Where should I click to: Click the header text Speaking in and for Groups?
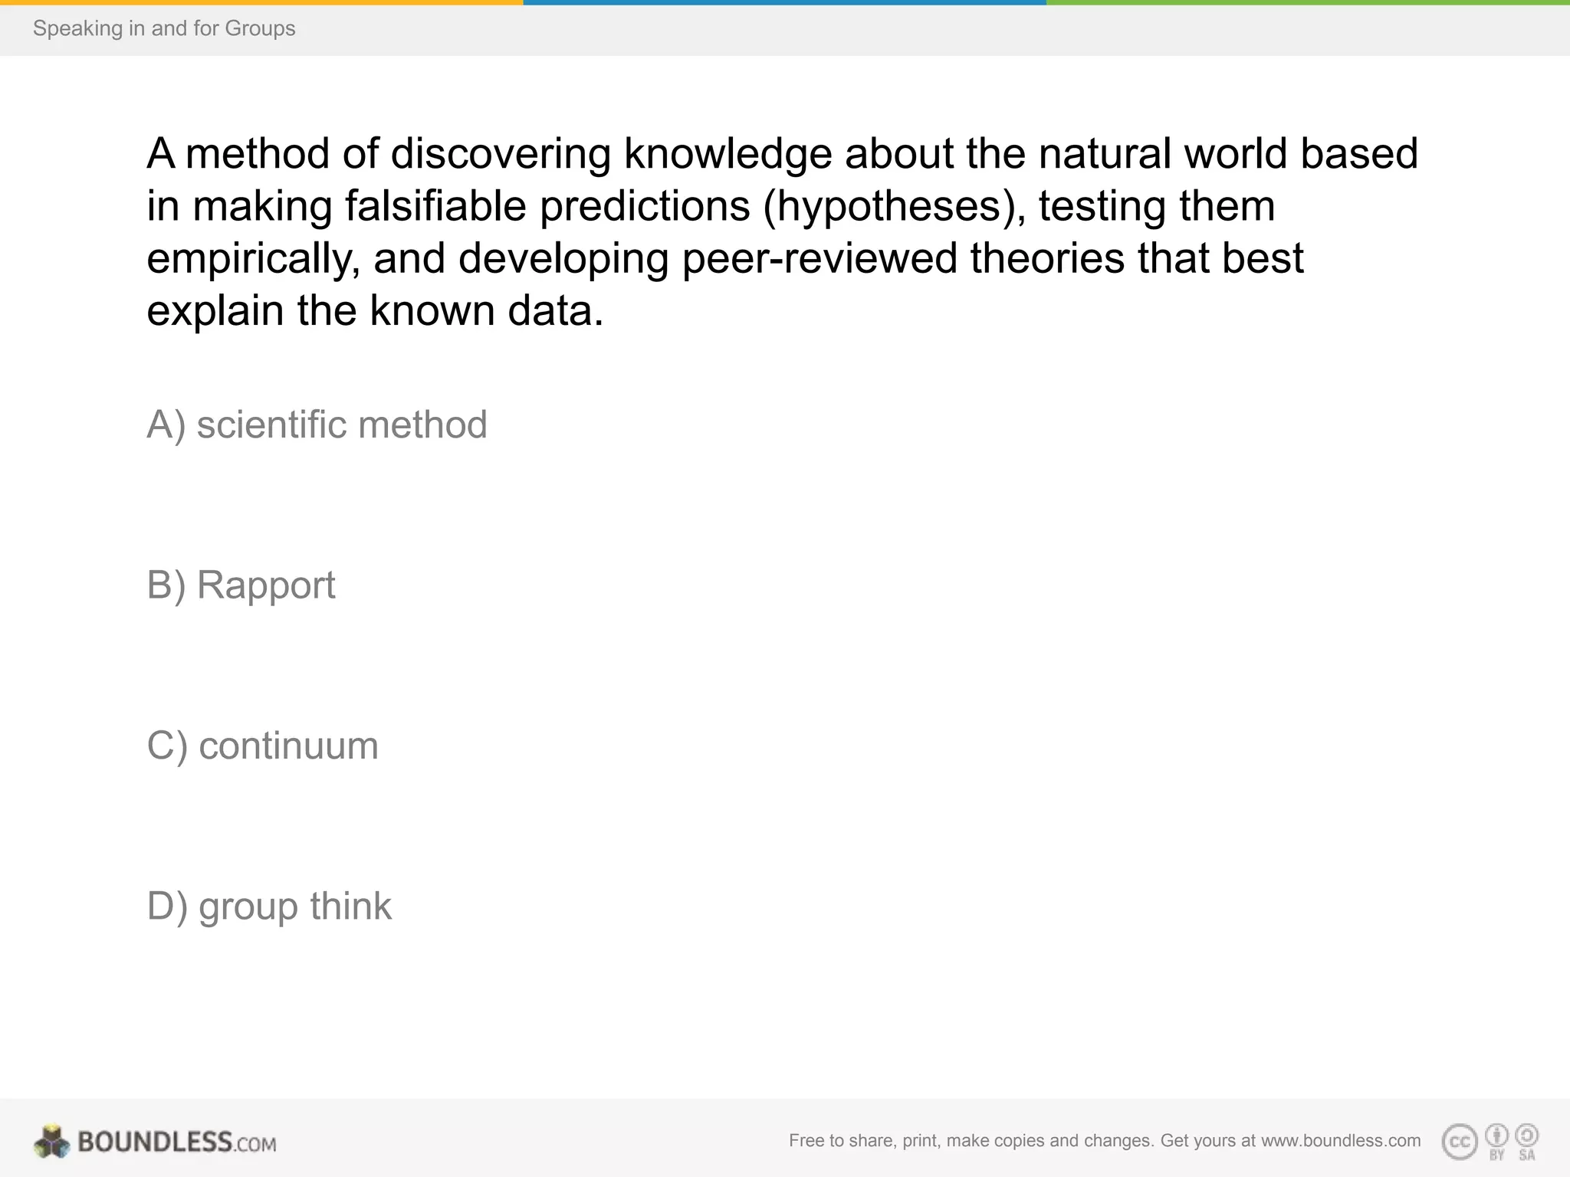[164, 28]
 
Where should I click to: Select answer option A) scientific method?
[317, 425]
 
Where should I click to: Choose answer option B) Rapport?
[241, 585]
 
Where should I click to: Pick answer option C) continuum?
[262, 746]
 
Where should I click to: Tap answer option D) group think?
[269, 907]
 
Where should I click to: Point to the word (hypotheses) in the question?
[894, 206]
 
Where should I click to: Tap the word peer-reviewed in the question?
[819, 258]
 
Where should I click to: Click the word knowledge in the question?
[728, 153]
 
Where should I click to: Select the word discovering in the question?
[501, 153]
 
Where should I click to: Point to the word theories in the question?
[1047, 258]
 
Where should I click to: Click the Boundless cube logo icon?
[51, 1142]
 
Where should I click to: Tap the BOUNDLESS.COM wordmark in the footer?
[177, 1142]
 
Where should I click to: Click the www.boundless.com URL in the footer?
[1341, 1140]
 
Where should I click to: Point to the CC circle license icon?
[1460, 1142]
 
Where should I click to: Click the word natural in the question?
[1105, 153]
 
